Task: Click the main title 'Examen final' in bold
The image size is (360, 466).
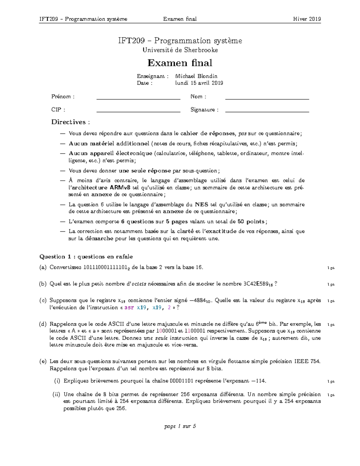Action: point(180,63)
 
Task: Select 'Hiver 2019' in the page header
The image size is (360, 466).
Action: point(307,19)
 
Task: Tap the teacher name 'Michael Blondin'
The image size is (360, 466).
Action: point(196,76)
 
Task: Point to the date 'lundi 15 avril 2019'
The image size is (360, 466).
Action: point(199,83)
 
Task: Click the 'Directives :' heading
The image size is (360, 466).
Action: point(70,122)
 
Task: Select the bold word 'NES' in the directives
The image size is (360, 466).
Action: point(202,205)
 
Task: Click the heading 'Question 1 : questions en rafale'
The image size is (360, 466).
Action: point(86,257)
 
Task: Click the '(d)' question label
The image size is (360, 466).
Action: point(43,324)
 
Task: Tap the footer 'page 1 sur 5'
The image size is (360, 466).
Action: point(180,426)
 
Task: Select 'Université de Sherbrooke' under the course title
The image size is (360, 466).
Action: point(180,50)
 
